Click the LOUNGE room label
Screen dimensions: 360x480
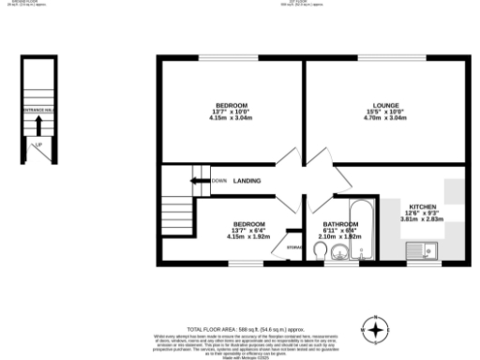tap(383, 105)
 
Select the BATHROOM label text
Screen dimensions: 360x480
tap(340, 224)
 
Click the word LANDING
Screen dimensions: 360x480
tap(247, 180)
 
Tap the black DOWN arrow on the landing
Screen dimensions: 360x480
tap(199, 180)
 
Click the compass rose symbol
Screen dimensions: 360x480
tap(375, 330)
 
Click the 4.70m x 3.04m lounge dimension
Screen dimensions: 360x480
tap(383, 119)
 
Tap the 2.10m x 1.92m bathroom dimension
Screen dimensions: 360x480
tap(340, 236)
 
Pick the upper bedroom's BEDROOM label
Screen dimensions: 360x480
tap(231, 105)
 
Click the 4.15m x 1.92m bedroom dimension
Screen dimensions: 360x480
tap(248, 236)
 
